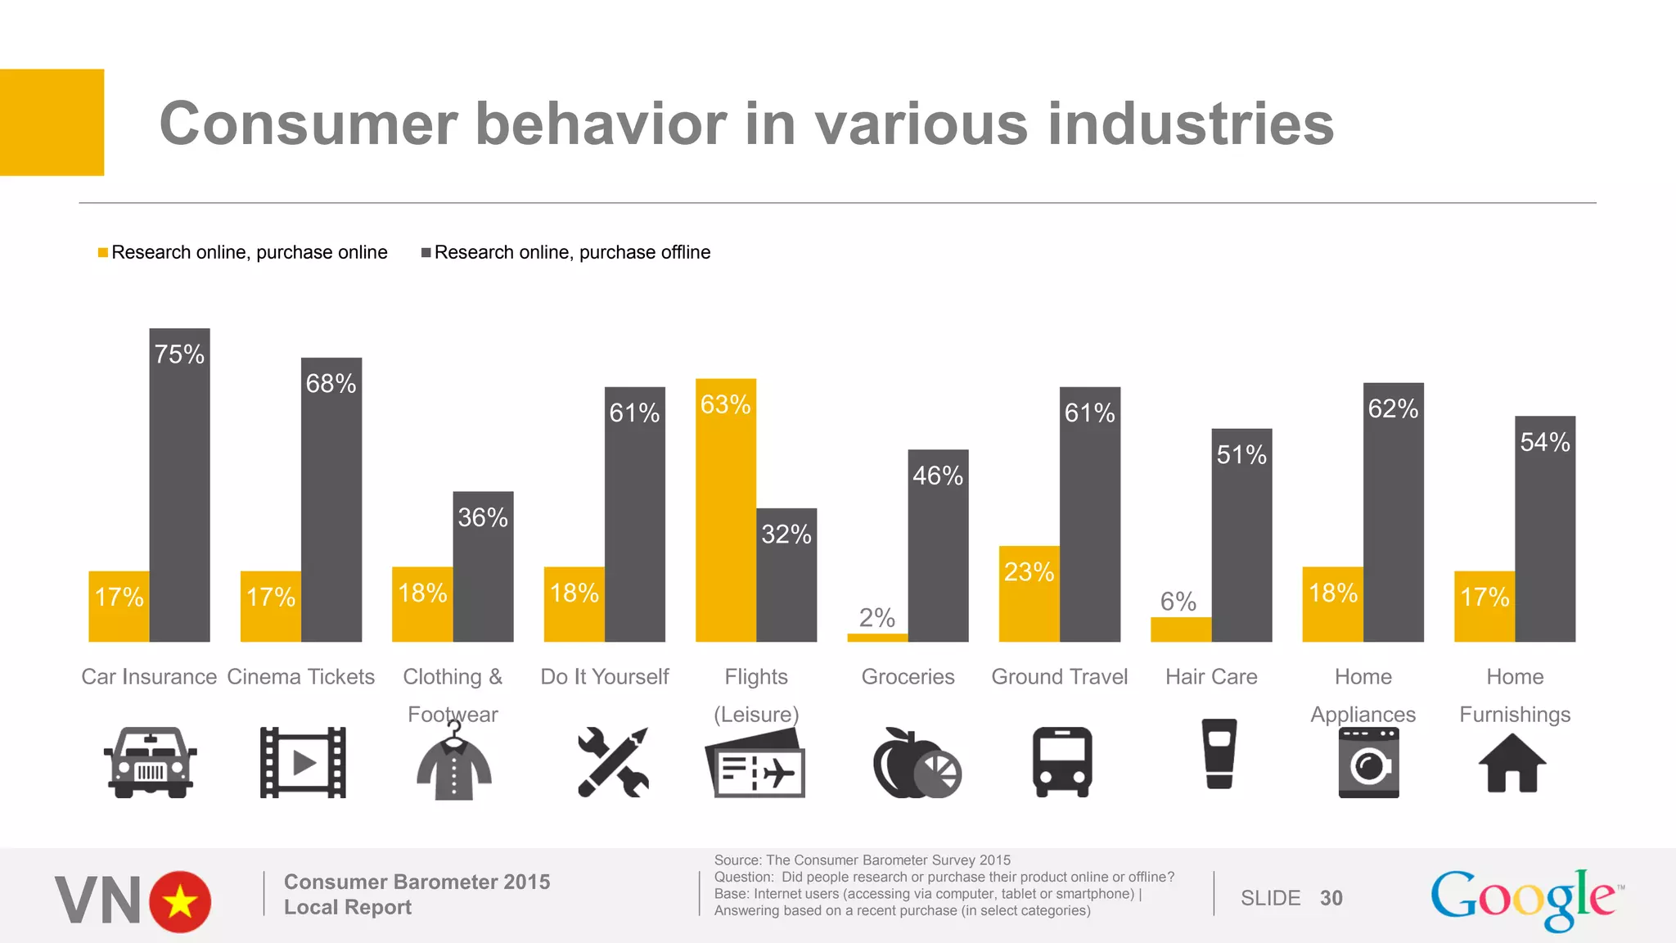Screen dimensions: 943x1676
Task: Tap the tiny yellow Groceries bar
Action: (877, 637)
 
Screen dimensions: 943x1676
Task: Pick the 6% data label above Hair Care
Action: (1178, 602)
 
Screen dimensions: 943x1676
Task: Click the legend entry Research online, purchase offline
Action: (571, 252)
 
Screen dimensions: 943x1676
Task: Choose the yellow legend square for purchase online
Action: (103, 252)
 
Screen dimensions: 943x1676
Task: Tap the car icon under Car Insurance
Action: (150, 762)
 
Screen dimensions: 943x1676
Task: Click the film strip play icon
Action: (303, 762)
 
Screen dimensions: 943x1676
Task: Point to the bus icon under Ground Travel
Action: (1061, 761)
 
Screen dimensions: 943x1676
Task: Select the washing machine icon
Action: (1368, 763)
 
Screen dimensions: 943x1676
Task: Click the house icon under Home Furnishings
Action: (1512, 763)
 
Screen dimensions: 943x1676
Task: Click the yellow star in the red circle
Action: (180, 902)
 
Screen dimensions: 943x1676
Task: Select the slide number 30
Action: (1331, 898)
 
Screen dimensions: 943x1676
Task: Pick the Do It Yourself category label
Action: (604, 677)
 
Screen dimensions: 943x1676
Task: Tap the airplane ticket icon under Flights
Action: (755, 765)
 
